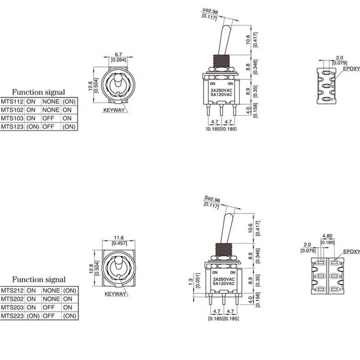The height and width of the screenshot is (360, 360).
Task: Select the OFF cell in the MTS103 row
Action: click(x=48, y=118)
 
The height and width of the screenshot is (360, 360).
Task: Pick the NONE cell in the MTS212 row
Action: click(x=50, y=290)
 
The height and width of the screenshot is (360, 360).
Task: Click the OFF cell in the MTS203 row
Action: click(x=48, y=307)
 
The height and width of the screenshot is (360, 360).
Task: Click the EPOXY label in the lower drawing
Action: click(x=351, y=252)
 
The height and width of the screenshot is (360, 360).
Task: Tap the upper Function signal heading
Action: click(x=38, y=92)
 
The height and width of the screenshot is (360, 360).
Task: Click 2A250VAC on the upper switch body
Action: click(x=221, y=90)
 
